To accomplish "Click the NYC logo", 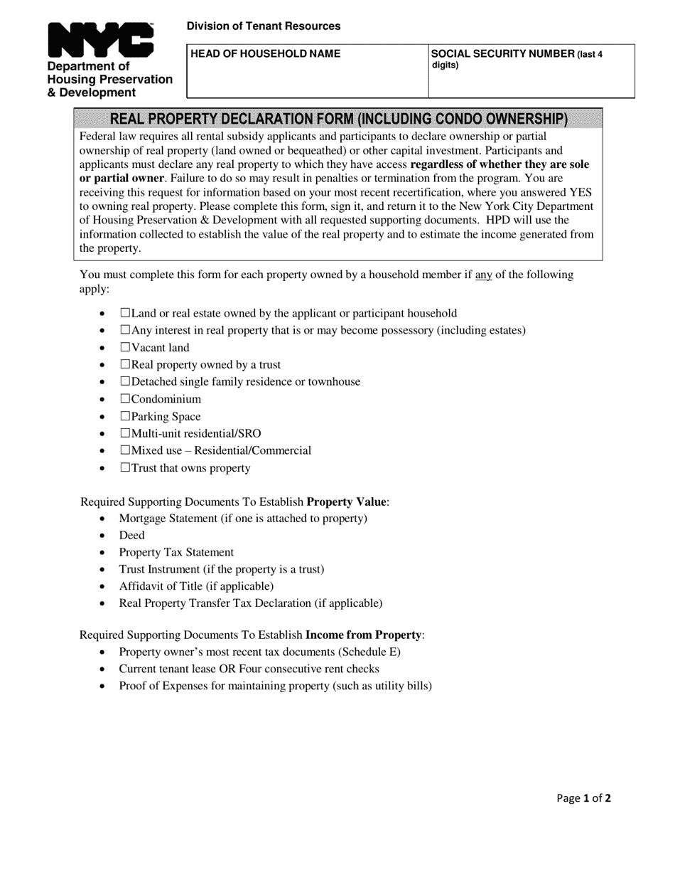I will pos(100,40).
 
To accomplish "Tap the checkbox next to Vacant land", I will pos(125,347).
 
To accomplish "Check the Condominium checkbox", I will pos(125,399).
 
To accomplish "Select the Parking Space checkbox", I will pos(125,416).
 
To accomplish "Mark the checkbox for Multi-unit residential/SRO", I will pos(125,433).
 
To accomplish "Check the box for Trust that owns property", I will pos(125,468).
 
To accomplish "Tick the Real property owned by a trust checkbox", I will pos(125,365).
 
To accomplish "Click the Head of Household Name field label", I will pos(265,54).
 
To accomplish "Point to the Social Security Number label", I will pos(502,54).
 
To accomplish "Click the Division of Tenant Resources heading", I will pos(263,26).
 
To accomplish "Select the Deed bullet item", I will pos(131,535).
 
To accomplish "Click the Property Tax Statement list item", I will pos(176,552).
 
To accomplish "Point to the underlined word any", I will pos(483,275).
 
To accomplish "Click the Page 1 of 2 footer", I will pos(583,798).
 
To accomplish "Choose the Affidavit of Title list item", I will pos(196,586).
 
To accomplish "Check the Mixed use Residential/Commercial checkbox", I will pos(125,450).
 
